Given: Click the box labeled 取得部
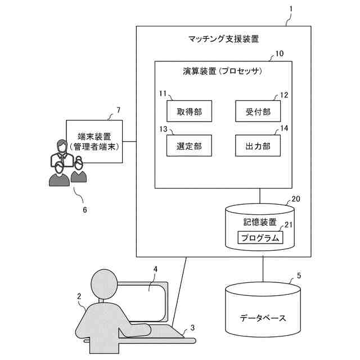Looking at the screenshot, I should coord(184,111).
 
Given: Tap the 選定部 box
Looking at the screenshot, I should coord(184,146).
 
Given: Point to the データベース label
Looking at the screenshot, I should coord(263,318).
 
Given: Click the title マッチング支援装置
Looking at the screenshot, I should coord(223,39).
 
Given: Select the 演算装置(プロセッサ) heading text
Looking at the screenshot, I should coord(223,72).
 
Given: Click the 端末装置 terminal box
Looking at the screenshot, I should coord(94,141).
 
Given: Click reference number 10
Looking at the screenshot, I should coord(279,55).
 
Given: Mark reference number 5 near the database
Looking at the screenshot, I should coord(299,276).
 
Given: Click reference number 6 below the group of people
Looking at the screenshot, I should coord(85,209).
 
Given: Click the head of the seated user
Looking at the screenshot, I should coord(104,283).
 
